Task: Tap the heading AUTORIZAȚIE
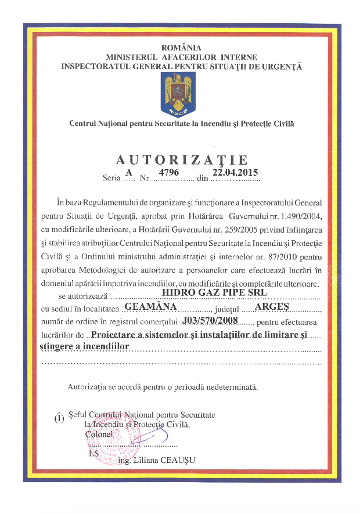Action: pyautogui.click(x=182, y=160)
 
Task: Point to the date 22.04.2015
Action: pyautogui.click(x=235, y=172)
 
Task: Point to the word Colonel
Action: pyautogui.click(x=99, y=434)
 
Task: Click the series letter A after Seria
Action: pyautogui.click(x=129, y=172)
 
